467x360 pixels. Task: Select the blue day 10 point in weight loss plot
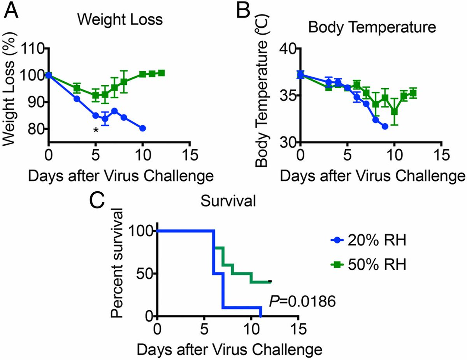(x=142, y=128)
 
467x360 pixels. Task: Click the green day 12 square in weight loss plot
(x=161, y=73)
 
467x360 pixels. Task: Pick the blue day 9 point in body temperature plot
(x=385, y=126)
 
